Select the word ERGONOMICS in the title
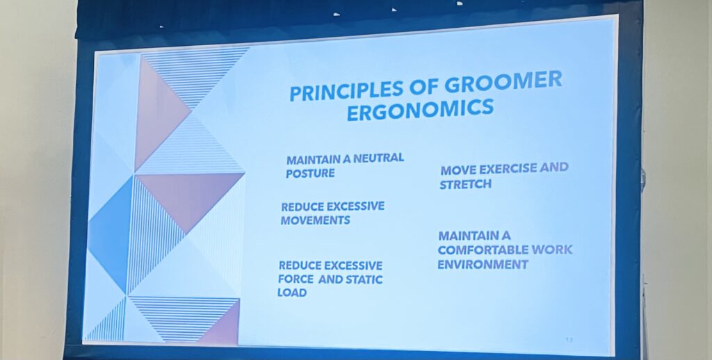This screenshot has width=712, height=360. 420,110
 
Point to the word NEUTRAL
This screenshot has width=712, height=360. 378,158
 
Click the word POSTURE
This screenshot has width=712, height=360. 309,174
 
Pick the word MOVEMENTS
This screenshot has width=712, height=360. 315,220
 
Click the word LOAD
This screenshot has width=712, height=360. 291,293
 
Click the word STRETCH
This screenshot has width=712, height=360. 465,185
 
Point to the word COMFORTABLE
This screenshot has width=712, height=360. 480,250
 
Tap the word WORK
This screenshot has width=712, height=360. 550,249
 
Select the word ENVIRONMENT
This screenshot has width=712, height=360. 483,265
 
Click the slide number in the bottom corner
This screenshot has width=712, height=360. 569,340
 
